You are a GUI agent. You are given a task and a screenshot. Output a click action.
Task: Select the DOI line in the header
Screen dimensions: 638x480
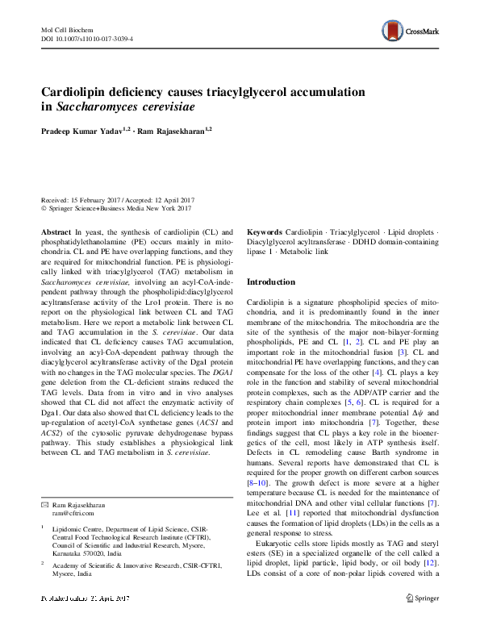pos(86,39)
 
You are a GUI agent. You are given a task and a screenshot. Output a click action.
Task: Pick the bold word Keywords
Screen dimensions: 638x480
pos(264,231)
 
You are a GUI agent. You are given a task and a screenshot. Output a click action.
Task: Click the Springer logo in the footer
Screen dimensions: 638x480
pos(422,620)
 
